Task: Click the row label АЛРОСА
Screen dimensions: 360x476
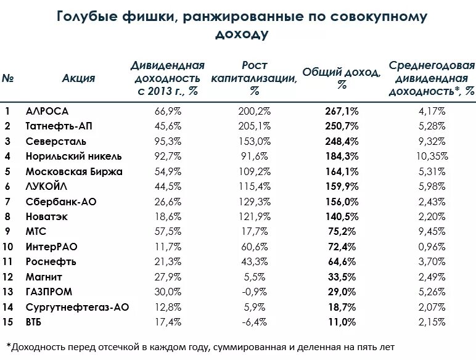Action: click(47, 112)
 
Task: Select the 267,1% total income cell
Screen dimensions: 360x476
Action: click(341, 112)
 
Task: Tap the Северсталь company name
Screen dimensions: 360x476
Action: click(52, 141)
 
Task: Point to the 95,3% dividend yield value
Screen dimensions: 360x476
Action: click(167, 141)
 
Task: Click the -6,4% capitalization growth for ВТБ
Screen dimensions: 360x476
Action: click(254, 321)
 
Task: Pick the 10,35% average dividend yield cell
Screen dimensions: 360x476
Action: click(431, 156)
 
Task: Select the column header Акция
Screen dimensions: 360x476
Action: click(78, 78)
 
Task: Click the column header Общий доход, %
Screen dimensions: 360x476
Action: click(342, 78)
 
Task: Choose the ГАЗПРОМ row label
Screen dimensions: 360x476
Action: click(49, 292)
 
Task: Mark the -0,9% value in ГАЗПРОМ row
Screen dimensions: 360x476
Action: click(254, 292)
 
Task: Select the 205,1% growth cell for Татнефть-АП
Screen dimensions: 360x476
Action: click(254, 126)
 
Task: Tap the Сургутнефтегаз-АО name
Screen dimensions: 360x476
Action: click(77, 306)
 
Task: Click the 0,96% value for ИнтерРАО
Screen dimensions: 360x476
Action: click(431, 247)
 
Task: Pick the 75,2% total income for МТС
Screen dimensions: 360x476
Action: click(341, 231)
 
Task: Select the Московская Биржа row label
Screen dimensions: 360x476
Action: click(74, 171)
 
